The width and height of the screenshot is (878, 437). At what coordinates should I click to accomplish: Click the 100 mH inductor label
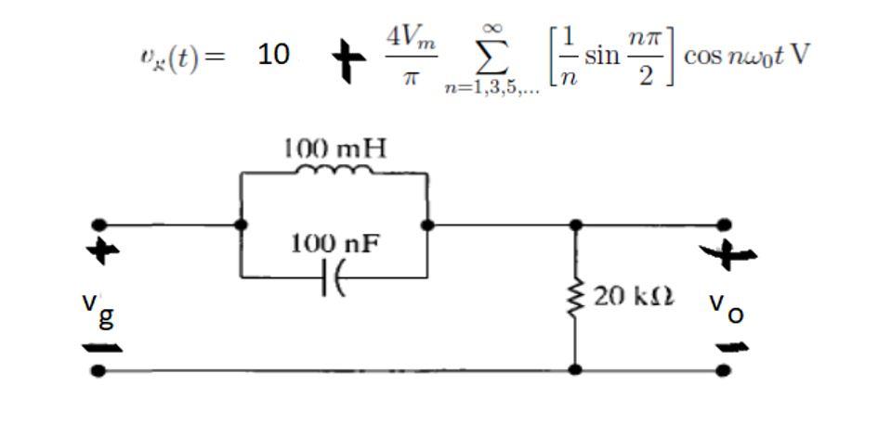(x=334, y=148)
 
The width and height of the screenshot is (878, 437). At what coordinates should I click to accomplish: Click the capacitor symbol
(x=333, y=277)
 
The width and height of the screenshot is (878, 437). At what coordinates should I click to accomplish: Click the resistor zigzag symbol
(x=576, y=297)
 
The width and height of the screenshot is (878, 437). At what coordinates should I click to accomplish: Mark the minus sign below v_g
(x=102, y=349)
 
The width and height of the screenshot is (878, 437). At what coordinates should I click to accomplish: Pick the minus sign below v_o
(x=732, y=348)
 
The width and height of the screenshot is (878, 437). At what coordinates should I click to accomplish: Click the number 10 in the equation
(x=273, y=56)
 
